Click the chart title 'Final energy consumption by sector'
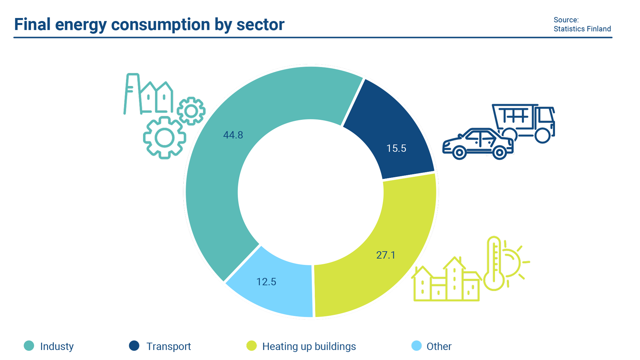click(149, 25)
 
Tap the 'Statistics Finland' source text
click(582, 29)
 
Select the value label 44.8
click(233, 135)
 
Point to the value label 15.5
click(396, 148)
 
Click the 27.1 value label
click(386, 255)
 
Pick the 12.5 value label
click(266, 282)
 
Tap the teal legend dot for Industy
click(29, 346)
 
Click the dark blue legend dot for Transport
click(134, 346)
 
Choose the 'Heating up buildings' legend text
click(309, 346)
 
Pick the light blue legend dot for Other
click(416, 346)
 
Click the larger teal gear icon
click(164, 138)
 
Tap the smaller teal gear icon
click(191, 111)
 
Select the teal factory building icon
click(148, 95)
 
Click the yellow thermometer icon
click(494, 263)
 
